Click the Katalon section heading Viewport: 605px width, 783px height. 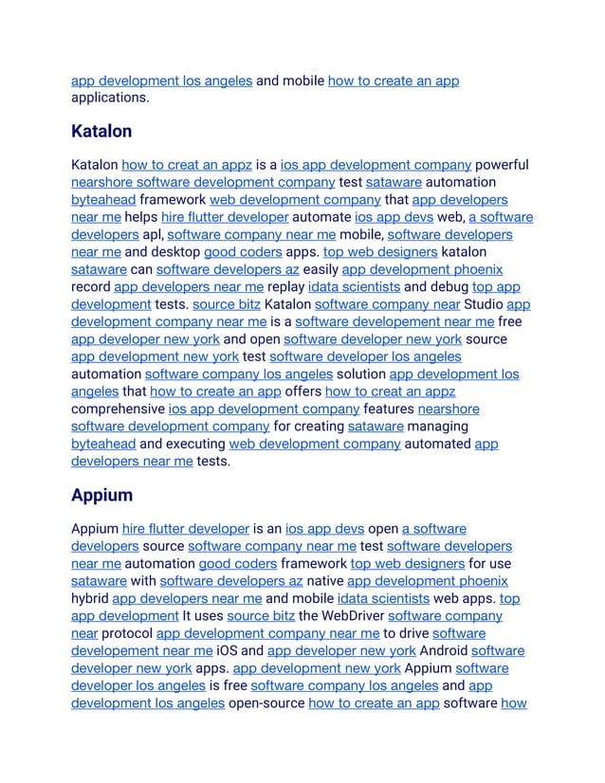(x=101, y=131)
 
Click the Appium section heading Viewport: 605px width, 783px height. (x=101, y=495)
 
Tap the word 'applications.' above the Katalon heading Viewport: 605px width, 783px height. (x=110, y=98)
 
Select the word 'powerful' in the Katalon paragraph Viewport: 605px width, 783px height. (x=502, y=165)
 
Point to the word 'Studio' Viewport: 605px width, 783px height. (x=484, y=304)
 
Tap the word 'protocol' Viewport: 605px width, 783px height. (x=127, y=633)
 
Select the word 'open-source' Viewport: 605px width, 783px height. (x=266, y=702)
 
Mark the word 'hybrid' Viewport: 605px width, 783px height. (x=90, y=598)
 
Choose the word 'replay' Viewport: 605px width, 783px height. (x=286, y=286)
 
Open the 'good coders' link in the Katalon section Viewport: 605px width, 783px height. (x=243, y=252)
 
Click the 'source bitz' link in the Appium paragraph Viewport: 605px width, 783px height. (x=261, y=616)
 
